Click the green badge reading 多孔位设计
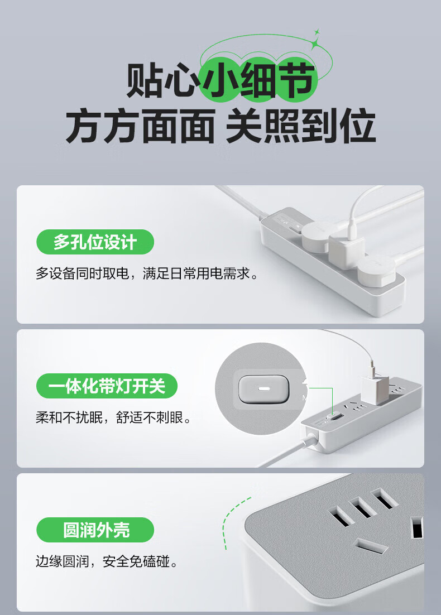tap(95, 242)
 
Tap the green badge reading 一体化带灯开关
tap(107, 386)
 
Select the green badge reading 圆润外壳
tap(95, 530)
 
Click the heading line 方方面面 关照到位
tap(220, 126)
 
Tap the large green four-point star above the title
tap(314, 44)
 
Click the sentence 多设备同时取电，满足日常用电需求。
tap(147, 273)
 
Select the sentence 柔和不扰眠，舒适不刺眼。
tap(114, 417)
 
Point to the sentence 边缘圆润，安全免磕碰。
tap(107, 561)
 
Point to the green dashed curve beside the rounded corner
tap(233, 522)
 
